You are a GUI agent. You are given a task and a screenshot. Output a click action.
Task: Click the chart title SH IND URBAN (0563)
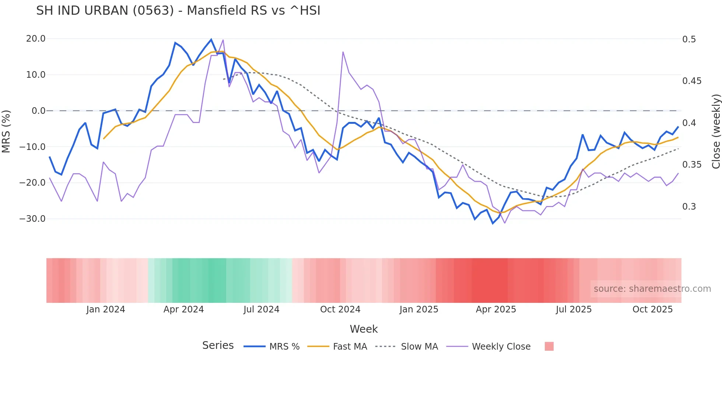(x=178, y=11)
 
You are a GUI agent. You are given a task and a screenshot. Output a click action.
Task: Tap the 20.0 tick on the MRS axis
(x=36, y=39)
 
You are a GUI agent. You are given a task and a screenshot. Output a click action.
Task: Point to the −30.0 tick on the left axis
(x=33, y=219)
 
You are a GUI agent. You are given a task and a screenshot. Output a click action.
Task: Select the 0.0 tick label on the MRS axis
(x=38, y=111)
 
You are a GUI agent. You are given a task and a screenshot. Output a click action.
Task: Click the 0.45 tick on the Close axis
(x=691, y=81)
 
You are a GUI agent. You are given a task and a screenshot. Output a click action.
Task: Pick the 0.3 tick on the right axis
(x=689, y=207)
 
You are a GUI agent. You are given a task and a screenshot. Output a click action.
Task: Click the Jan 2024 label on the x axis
(x=106, y=309)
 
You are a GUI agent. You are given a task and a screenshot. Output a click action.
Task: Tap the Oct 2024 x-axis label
(x=340, y=309)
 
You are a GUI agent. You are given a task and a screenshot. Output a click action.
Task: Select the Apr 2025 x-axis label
(x=496, y=309)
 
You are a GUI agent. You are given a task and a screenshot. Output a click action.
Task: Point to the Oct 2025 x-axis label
(x=652, y=309)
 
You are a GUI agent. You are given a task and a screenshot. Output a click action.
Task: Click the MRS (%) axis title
(x=6, y=131)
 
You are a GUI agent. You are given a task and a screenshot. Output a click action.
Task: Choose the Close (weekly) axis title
(x=716, y=132)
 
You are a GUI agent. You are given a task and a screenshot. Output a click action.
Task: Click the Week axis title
(x=364, y=329)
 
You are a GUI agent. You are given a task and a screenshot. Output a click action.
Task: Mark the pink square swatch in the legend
(x=549, y=347)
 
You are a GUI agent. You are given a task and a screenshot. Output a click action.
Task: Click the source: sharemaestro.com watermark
(x=652, y=289)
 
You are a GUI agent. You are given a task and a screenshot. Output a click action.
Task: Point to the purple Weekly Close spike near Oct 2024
(x=343, y=52)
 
